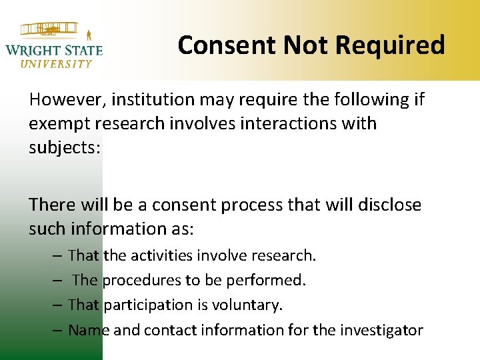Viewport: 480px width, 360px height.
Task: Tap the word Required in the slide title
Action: pos(390,45)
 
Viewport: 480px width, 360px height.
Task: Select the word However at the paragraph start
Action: pos(67,100)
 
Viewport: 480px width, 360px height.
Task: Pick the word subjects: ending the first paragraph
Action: pos(65,147)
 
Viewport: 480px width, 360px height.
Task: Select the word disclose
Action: pos(388,205)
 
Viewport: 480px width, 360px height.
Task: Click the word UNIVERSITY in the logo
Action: pos(56,64)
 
